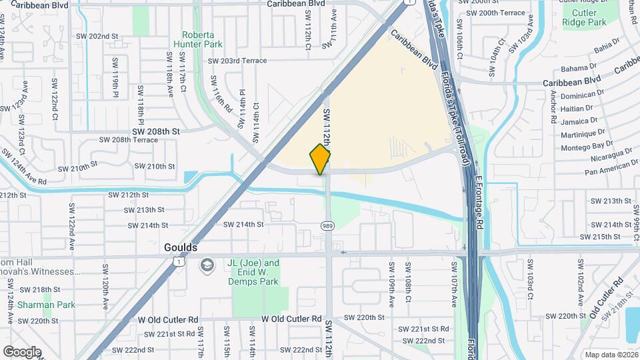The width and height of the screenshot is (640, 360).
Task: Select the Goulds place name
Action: click(181, 247)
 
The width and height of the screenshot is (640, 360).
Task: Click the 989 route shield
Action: click(327, 226)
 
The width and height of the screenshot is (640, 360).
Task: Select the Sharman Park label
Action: click(37, 305)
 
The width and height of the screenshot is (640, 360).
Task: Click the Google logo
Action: click(22, 351)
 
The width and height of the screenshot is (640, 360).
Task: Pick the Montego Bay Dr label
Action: click(586, 145)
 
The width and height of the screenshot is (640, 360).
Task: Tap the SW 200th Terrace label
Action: click(497, 13)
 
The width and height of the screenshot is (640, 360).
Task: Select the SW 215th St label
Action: click(606, 237)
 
